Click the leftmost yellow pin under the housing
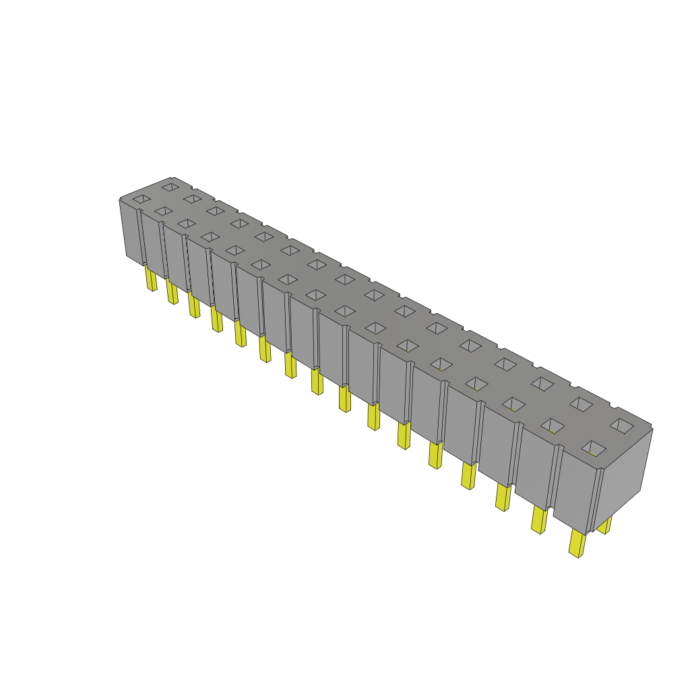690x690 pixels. point(151,278)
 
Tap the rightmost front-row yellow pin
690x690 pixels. point(577,542)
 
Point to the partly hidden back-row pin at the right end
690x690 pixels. point(604,525)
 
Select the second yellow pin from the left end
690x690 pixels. point(172,292)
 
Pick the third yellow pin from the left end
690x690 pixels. point(194,305)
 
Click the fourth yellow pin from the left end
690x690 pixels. point(216,319)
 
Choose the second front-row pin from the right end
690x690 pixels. point(539,520)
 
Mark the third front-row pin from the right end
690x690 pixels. point(503,497)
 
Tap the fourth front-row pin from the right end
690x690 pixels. point(468,475)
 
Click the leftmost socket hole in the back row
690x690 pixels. point(170,186)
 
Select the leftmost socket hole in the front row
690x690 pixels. point(141,199)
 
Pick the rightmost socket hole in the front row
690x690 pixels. point(594,447)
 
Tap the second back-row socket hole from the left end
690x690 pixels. point(192,198)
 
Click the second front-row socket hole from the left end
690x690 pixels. point(163,212)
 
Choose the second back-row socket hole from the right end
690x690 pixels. point(581,404)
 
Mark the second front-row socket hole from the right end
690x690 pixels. point(553,425)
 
